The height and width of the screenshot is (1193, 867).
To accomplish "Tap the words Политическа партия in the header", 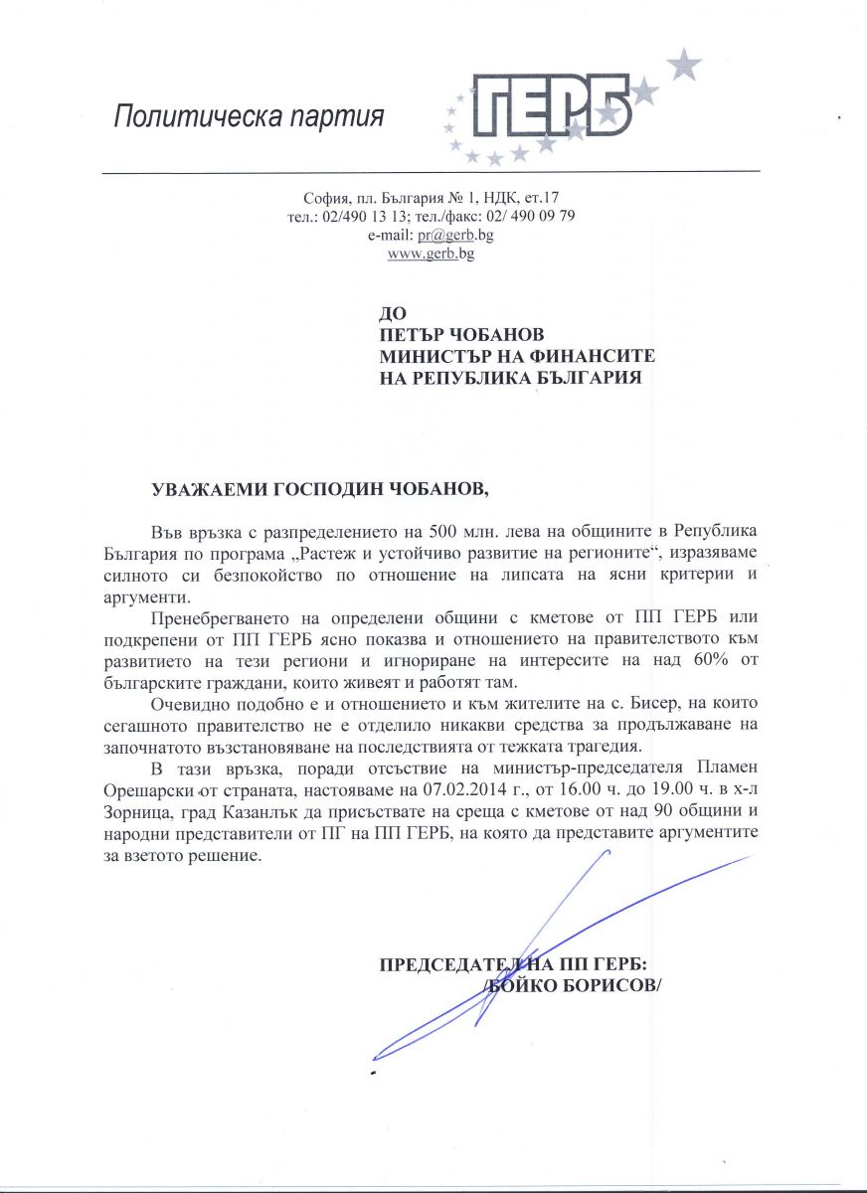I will (x=249, y=117).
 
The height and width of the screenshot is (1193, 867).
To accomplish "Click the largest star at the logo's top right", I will (x=682, y=67).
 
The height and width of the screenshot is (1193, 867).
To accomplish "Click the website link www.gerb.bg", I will (x=431, y=254).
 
